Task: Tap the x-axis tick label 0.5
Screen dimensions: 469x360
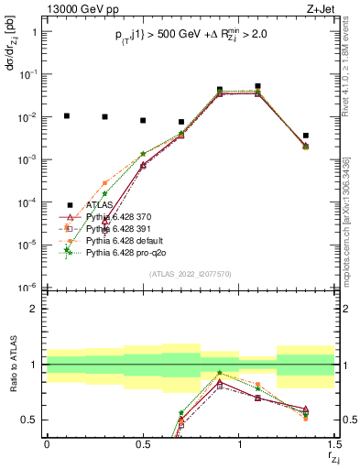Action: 143,444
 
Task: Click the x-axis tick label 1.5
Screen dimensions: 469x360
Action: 334,444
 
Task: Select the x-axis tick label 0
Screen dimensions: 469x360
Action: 47,444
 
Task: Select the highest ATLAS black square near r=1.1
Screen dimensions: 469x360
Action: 258,86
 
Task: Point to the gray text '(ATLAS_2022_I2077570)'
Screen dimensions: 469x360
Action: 191,273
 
